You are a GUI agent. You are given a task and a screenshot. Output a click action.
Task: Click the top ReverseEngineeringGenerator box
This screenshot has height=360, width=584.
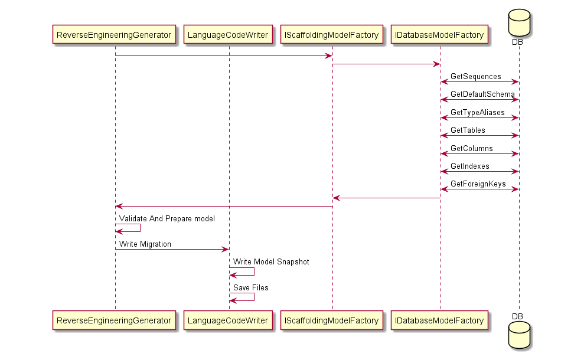click(115, 35)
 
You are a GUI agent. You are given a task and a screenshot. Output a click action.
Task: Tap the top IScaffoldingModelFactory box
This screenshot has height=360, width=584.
click(331, 35)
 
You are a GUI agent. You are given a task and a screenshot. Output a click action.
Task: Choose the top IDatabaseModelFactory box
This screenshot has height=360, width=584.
click(439, 35)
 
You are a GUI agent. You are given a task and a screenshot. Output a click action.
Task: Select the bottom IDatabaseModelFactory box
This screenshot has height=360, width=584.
click(439, 320)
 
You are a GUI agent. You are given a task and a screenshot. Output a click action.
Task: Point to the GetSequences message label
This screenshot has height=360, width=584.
click(475, 77)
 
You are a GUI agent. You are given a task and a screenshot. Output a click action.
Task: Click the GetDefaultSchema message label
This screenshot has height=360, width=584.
click(482, 94)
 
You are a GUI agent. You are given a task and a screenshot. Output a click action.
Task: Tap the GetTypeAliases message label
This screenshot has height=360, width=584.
click(477, 112)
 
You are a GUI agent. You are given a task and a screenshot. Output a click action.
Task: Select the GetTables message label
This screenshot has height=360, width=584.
click(468, 130)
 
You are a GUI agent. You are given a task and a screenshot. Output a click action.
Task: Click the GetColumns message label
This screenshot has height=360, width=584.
click(471, 148)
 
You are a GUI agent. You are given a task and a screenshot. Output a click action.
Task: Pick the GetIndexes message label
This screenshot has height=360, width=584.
click(469, 166)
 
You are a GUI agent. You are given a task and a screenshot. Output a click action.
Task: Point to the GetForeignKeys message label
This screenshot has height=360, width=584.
click(478, 184)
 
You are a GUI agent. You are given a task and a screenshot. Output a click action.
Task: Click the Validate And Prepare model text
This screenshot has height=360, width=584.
click(167, 218)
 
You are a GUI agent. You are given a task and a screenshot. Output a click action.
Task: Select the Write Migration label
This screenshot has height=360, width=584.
click(145, 244)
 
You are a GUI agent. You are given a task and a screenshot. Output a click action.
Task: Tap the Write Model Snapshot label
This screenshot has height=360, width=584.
click(270, 261)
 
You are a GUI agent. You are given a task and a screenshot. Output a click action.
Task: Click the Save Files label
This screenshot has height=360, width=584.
click(250, 287)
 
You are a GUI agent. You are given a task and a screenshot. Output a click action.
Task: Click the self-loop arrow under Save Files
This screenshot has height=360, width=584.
click(247, 297)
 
